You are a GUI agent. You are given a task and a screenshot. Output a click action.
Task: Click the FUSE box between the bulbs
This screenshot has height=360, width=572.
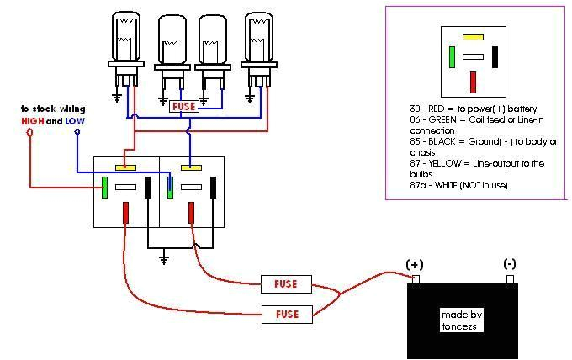184,107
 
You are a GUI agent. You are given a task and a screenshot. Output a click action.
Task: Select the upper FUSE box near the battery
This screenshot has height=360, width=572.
286,283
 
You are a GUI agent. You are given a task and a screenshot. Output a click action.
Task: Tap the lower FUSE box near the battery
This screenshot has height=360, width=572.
286,314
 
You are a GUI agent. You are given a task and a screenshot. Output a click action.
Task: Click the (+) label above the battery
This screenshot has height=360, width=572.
415,264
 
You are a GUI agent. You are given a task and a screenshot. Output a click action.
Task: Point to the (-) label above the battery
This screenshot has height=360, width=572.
510,264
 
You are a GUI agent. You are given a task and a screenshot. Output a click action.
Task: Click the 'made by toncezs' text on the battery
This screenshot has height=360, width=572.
462,320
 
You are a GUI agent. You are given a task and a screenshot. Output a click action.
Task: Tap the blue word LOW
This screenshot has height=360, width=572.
76,121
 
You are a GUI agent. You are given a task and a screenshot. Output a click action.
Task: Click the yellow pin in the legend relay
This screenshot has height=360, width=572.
473,38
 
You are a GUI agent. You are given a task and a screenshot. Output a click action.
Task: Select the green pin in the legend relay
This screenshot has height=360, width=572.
452,56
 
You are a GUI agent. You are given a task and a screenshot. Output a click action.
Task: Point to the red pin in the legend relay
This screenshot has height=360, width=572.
474,82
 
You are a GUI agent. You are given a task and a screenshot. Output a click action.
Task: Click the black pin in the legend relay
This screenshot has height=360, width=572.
495,56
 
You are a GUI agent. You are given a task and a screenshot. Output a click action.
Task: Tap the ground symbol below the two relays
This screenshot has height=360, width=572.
165,257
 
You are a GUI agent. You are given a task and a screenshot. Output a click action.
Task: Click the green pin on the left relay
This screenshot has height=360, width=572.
104,187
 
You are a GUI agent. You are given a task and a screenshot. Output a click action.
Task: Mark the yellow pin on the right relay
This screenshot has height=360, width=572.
191,167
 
